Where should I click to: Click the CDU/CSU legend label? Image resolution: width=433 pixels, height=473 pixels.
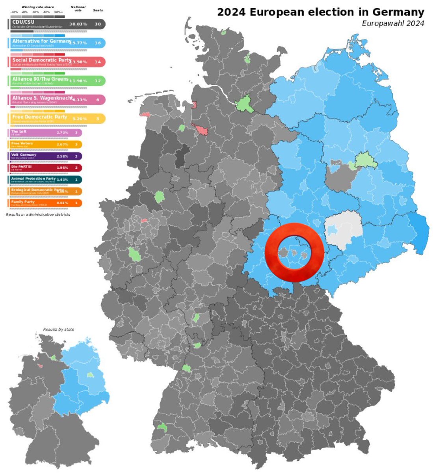coord(22,21)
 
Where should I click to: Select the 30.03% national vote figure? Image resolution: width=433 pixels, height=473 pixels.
coord(78,24)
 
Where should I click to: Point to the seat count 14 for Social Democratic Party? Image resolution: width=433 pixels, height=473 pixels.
coord(98,62)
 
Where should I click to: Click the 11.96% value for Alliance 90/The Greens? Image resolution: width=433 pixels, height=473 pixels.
coord(78,81)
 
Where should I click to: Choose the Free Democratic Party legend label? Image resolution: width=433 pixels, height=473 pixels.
coord(39,117)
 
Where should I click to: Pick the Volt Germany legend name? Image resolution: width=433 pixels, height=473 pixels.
coord(24,155)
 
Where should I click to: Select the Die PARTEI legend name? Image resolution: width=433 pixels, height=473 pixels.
coord(22,166)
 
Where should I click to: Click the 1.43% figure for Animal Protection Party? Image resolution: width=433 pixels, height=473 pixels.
coord(62,179)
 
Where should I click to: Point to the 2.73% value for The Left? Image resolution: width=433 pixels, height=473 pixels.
coord(62,132)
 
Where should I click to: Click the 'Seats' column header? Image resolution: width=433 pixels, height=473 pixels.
coord(98,10)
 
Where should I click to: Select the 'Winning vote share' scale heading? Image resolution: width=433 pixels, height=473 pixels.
coord(38,7)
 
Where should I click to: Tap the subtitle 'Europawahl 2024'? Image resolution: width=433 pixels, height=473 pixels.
coord(393,24)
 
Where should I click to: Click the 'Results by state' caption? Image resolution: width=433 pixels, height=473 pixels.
coord(58,329)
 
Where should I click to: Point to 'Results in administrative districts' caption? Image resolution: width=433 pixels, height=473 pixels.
coord(38,214)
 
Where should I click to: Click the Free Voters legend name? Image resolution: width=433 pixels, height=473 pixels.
coord(22,143)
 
